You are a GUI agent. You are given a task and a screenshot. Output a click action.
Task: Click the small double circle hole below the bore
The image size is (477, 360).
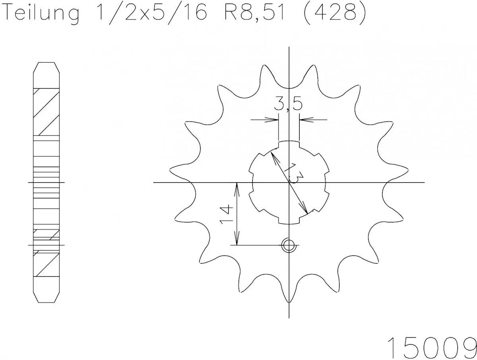click(289, 245)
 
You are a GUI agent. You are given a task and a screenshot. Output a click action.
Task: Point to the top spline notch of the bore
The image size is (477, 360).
click(289, 144)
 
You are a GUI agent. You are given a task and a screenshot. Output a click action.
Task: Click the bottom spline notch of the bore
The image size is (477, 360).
click(289, 221)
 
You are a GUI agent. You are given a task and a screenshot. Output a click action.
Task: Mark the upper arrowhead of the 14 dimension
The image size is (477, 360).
click(237, 187)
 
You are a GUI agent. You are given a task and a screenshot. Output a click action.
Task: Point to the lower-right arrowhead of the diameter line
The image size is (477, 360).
click(306, 211)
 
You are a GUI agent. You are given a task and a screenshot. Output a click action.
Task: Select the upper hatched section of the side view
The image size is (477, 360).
click(46, 111)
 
